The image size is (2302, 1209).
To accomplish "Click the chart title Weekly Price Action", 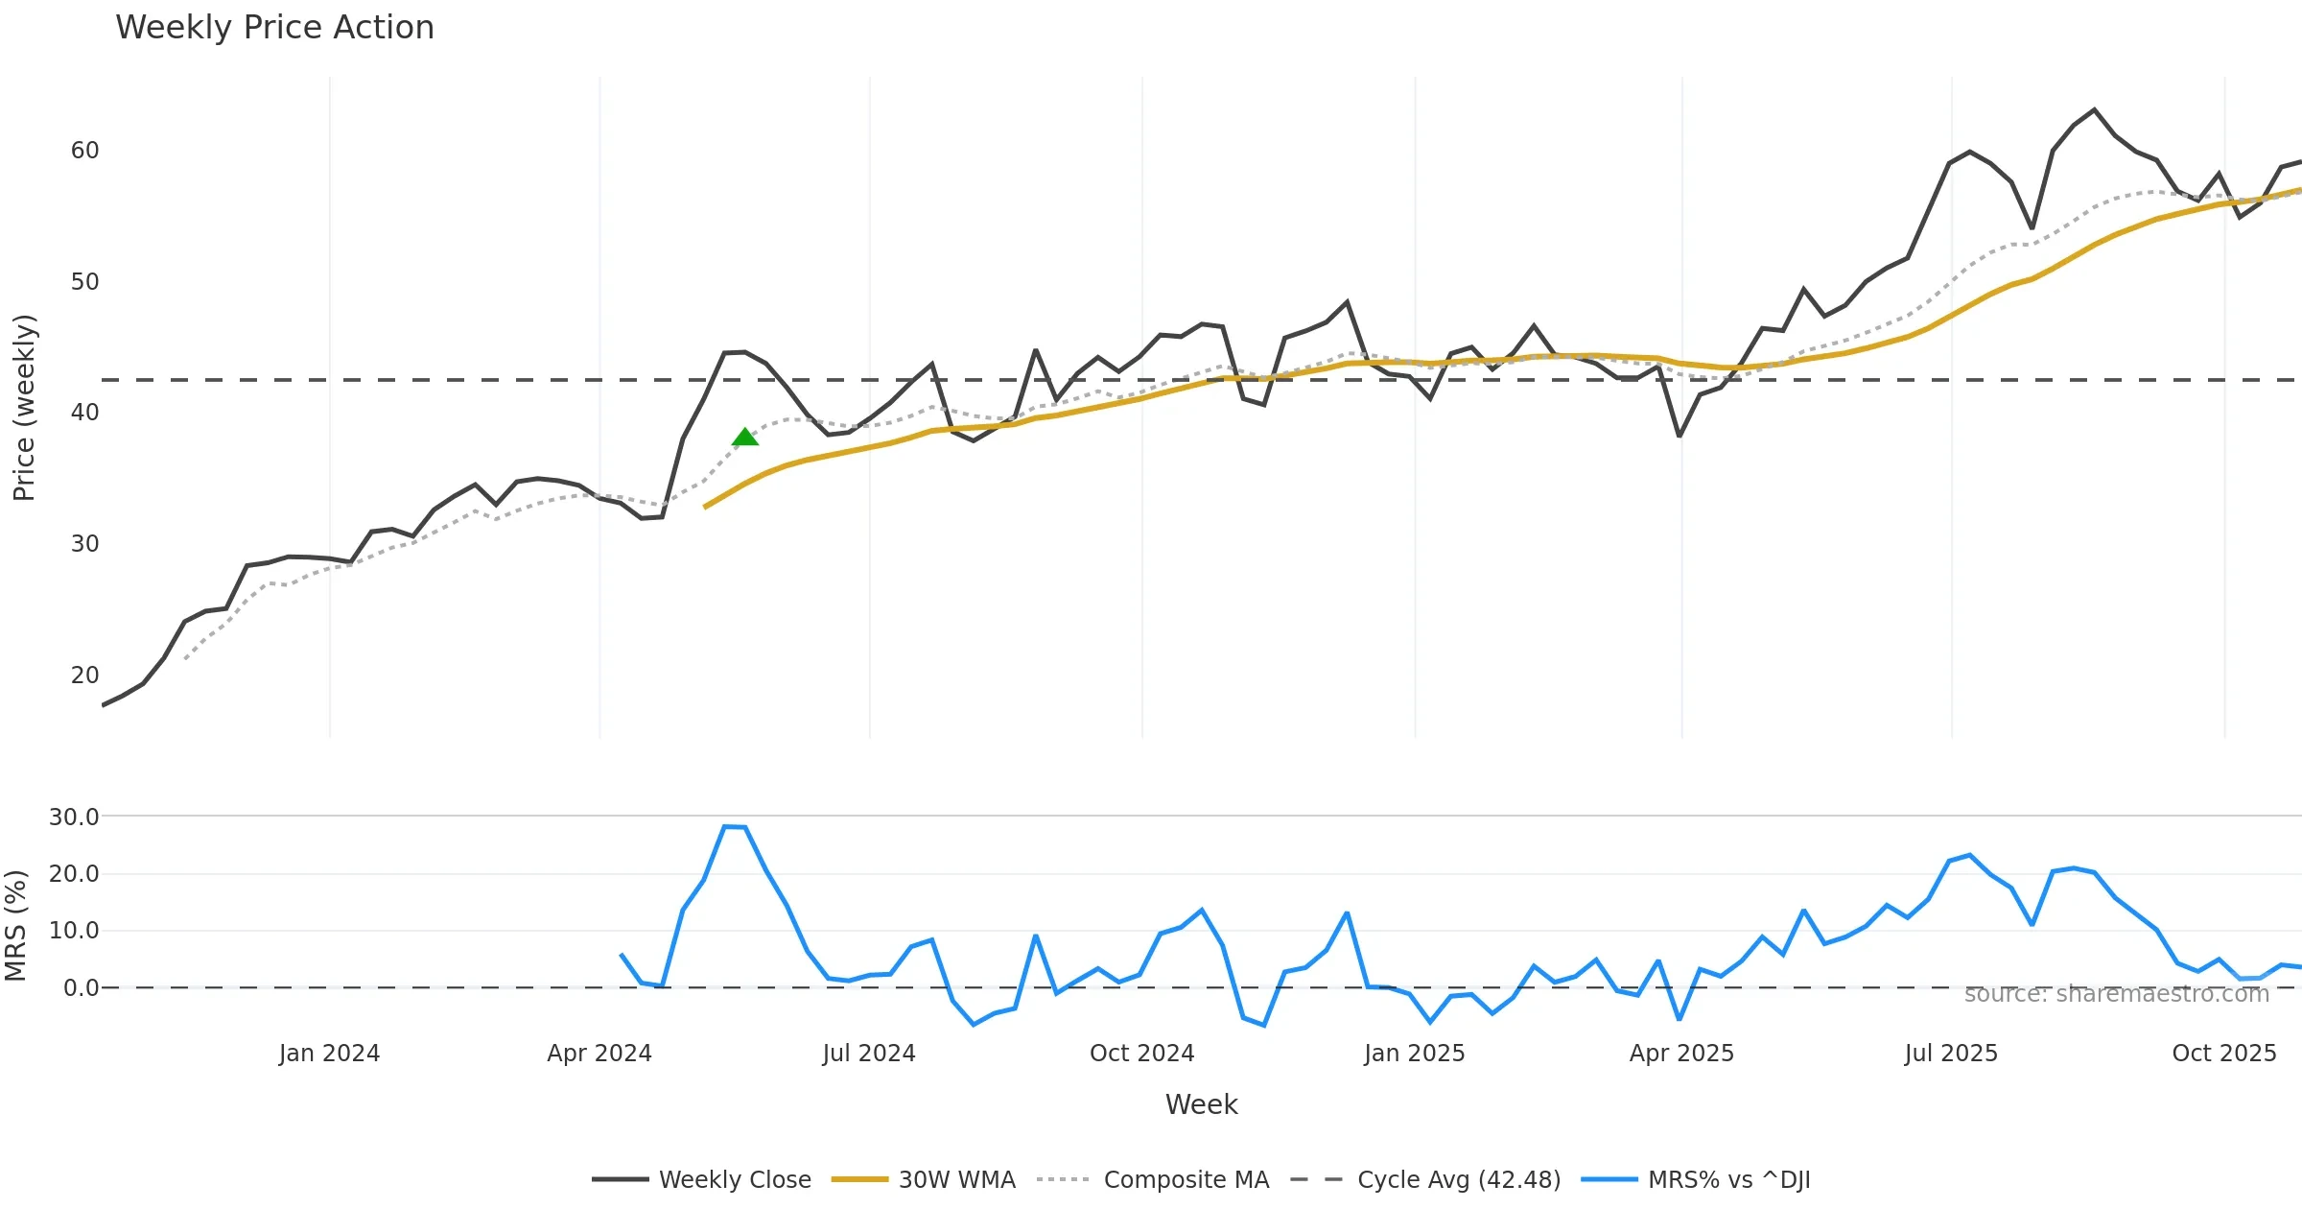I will tap(274, 28).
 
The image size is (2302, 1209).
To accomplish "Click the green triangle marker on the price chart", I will tap(745, 438).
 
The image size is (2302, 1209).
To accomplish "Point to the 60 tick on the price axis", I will tap(84, 151).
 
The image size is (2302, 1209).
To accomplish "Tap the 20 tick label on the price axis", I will tap(84, 676).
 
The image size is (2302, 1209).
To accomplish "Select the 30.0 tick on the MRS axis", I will tap(74, 818).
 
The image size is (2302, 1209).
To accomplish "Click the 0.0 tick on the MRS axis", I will tap(81, 988).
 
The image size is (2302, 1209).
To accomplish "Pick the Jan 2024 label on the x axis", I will tap(329, 1054).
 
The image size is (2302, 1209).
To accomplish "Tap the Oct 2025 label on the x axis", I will tap(2223, 1054).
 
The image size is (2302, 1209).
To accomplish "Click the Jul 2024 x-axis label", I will tap(869, 1054).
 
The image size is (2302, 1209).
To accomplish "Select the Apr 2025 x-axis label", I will tap(1681, 1054).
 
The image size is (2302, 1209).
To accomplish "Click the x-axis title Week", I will tap(1201, 1105).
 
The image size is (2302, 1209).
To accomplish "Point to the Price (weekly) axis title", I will tap(24, 408).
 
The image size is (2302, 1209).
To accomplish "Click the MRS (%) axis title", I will tap(16, 926).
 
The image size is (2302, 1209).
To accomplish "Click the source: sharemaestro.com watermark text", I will tap(2116, 994).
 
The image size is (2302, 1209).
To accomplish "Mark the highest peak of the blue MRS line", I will tap(726, 826).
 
